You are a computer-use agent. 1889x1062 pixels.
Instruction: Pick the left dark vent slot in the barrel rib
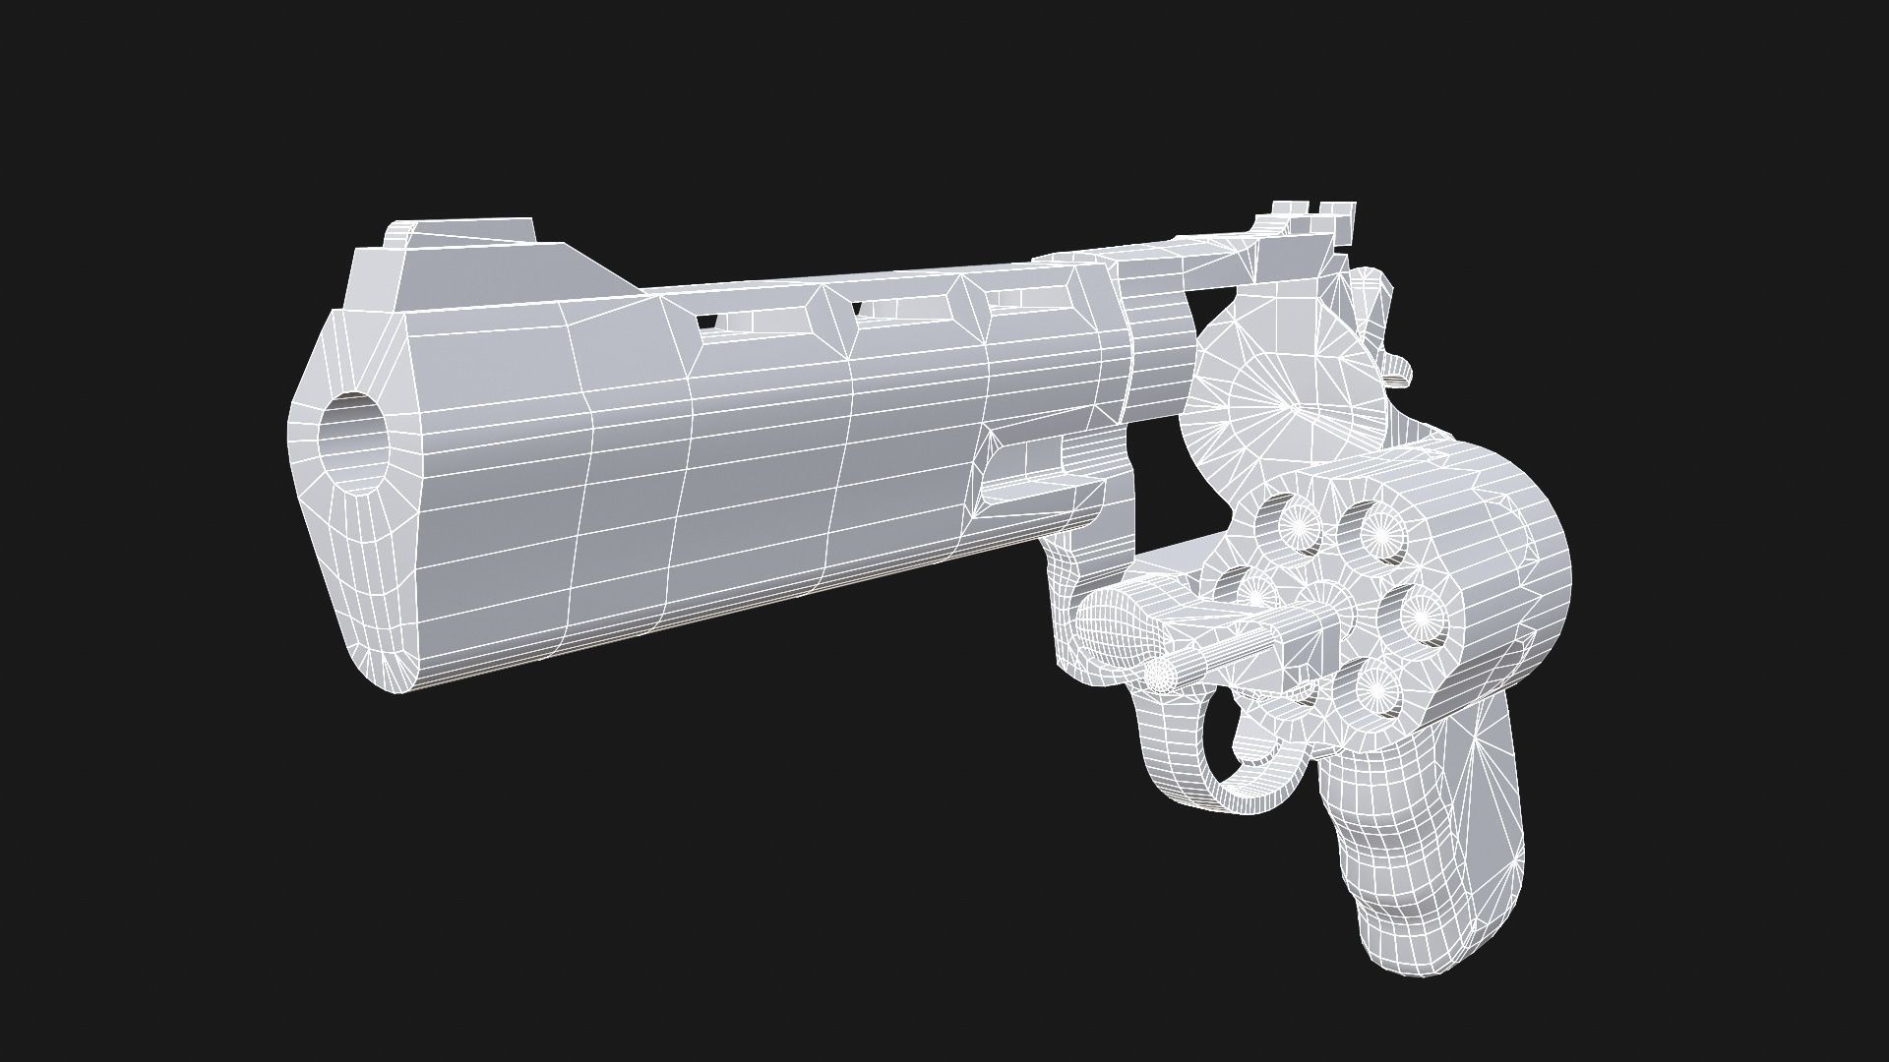[x=705, y=322]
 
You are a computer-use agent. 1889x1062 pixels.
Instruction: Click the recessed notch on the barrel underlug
[x=1033, y=482]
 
